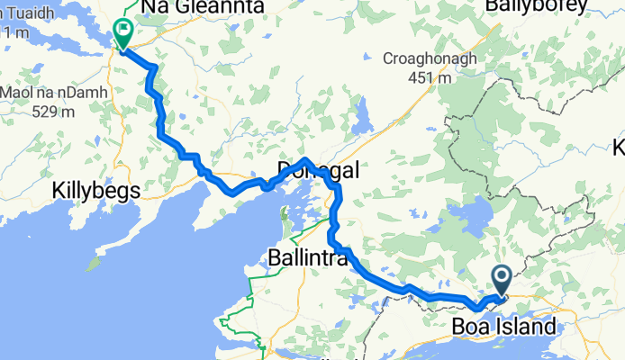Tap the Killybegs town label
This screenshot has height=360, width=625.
tap(95, 191)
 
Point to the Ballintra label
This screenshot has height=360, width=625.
tap(307, 258)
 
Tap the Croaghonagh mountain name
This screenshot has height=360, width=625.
tap(430, 58)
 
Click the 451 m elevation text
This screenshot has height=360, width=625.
tap(429, 77)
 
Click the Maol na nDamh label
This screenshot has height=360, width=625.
tap(56, 92)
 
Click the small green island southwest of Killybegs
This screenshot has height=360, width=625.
tap(90, 265)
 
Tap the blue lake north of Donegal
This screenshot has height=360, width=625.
tap(363, 117)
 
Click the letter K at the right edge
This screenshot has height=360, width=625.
tap(619, 147)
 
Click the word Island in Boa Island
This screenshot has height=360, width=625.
tap(523, 325)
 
